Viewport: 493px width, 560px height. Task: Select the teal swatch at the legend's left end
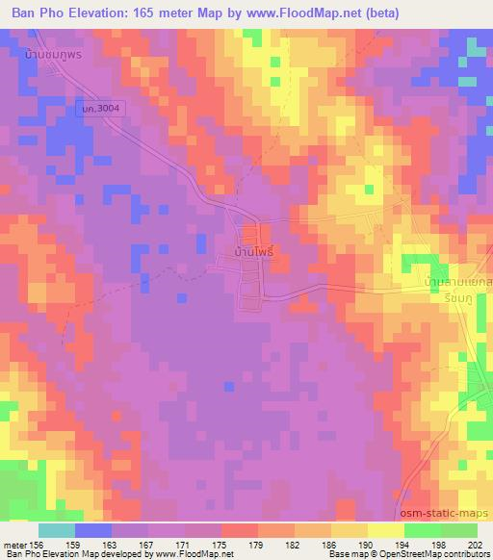(x=57, y=530)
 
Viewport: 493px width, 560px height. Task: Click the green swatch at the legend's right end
(x=459, y=530)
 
